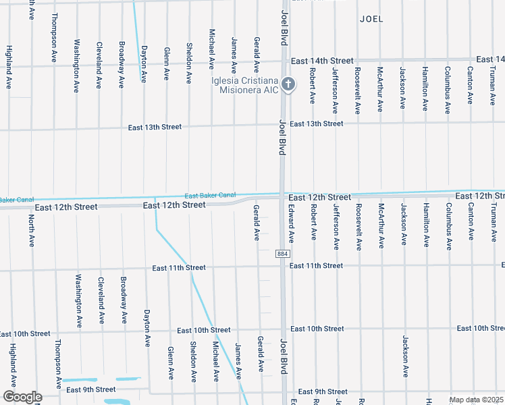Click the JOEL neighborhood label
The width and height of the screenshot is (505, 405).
click(x=371, y=19)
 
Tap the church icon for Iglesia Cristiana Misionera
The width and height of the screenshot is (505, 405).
click(x=288, y=84)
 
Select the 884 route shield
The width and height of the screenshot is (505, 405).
click(x=282, y=254)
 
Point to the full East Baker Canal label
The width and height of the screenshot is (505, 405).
click(x=210, y=195)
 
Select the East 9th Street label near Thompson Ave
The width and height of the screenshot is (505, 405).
click(x=90, y=389)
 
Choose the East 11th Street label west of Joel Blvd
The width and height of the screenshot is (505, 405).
click(x=178, y=268)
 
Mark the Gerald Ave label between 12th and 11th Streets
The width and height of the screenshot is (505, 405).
click(x=257, y=223)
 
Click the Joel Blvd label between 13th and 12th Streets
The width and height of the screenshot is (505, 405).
click(x=282, y=138)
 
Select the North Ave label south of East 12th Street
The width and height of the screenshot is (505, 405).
click(x=31, y=231)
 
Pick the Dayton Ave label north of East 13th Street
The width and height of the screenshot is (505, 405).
click(x=144, y=63)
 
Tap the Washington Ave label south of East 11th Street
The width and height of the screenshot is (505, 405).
click(x=79, y=297)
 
